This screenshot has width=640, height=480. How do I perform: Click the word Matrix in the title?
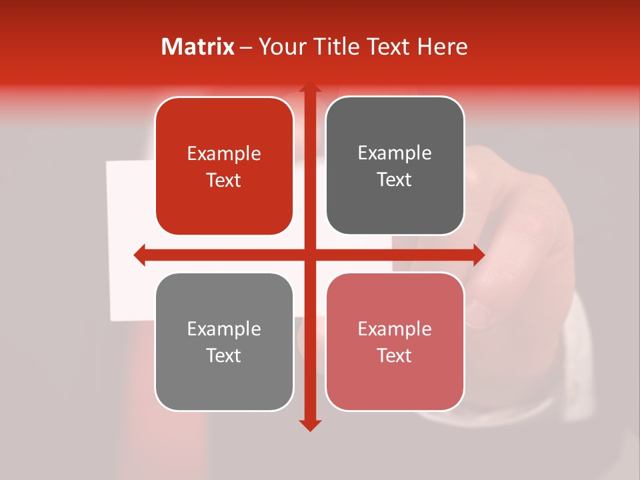click(198, 47)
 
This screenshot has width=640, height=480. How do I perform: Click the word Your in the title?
click(279, 47)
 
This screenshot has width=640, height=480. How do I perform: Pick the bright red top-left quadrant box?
click(224, 166)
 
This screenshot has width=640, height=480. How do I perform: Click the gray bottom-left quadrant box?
click(224, 341)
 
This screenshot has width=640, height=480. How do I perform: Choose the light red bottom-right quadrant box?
click(395, 341)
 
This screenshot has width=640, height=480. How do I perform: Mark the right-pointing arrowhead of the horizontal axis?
click(478, 255)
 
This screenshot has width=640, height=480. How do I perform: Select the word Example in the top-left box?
click(224, 154)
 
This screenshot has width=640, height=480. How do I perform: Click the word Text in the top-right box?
click(395, 179)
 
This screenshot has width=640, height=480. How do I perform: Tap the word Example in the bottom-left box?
click(224, 329)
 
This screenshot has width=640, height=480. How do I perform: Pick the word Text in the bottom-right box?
click(395, 355)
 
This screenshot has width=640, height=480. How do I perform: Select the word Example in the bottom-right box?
click(395, 329)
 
